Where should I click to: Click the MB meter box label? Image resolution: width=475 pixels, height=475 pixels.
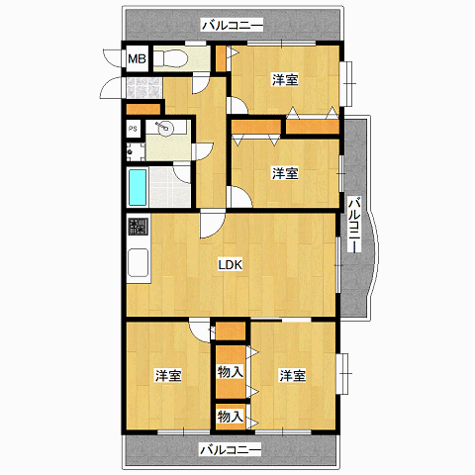(137, 59)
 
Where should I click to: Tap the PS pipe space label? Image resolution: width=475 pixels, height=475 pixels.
(133, 129)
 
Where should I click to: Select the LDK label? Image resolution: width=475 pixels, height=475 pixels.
(231, 264)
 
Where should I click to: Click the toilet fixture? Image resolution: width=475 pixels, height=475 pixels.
(170, 59)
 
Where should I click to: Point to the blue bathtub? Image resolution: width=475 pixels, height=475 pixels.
(138, 187)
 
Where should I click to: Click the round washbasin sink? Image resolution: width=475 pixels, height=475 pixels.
(164, 128)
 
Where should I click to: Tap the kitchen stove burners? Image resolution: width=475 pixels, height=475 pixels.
(139, 227)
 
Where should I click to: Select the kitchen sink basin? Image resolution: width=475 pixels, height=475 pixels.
(138, 262)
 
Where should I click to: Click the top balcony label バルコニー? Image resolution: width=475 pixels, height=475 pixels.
(233, 26)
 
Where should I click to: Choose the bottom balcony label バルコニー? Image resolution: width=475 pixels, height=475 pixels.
(231, 449)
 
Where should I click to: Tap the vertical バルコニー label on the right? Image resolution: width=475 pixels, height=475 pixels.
(355, 225)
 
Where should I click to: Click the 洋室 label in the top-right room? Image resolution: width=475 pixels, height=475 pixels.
(285, 80)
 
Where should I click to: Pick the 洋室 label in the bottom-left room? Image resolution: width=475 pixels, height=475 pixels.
(168, 376)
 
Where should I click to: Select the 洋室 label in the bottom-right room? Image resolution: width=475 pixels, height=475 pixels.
(292, 376)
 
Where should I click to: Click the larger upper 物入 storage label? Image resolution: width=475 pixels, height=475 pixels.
(231, 372)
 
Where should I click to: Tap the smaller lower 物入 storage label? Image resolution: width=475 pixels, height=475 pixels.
(231, 417)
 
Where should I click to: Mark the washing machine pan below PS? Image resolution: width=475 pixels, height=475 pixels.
(136, 152)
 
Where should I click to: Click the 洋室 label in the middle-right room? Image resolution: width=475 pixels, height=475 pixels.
(285, 173)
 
